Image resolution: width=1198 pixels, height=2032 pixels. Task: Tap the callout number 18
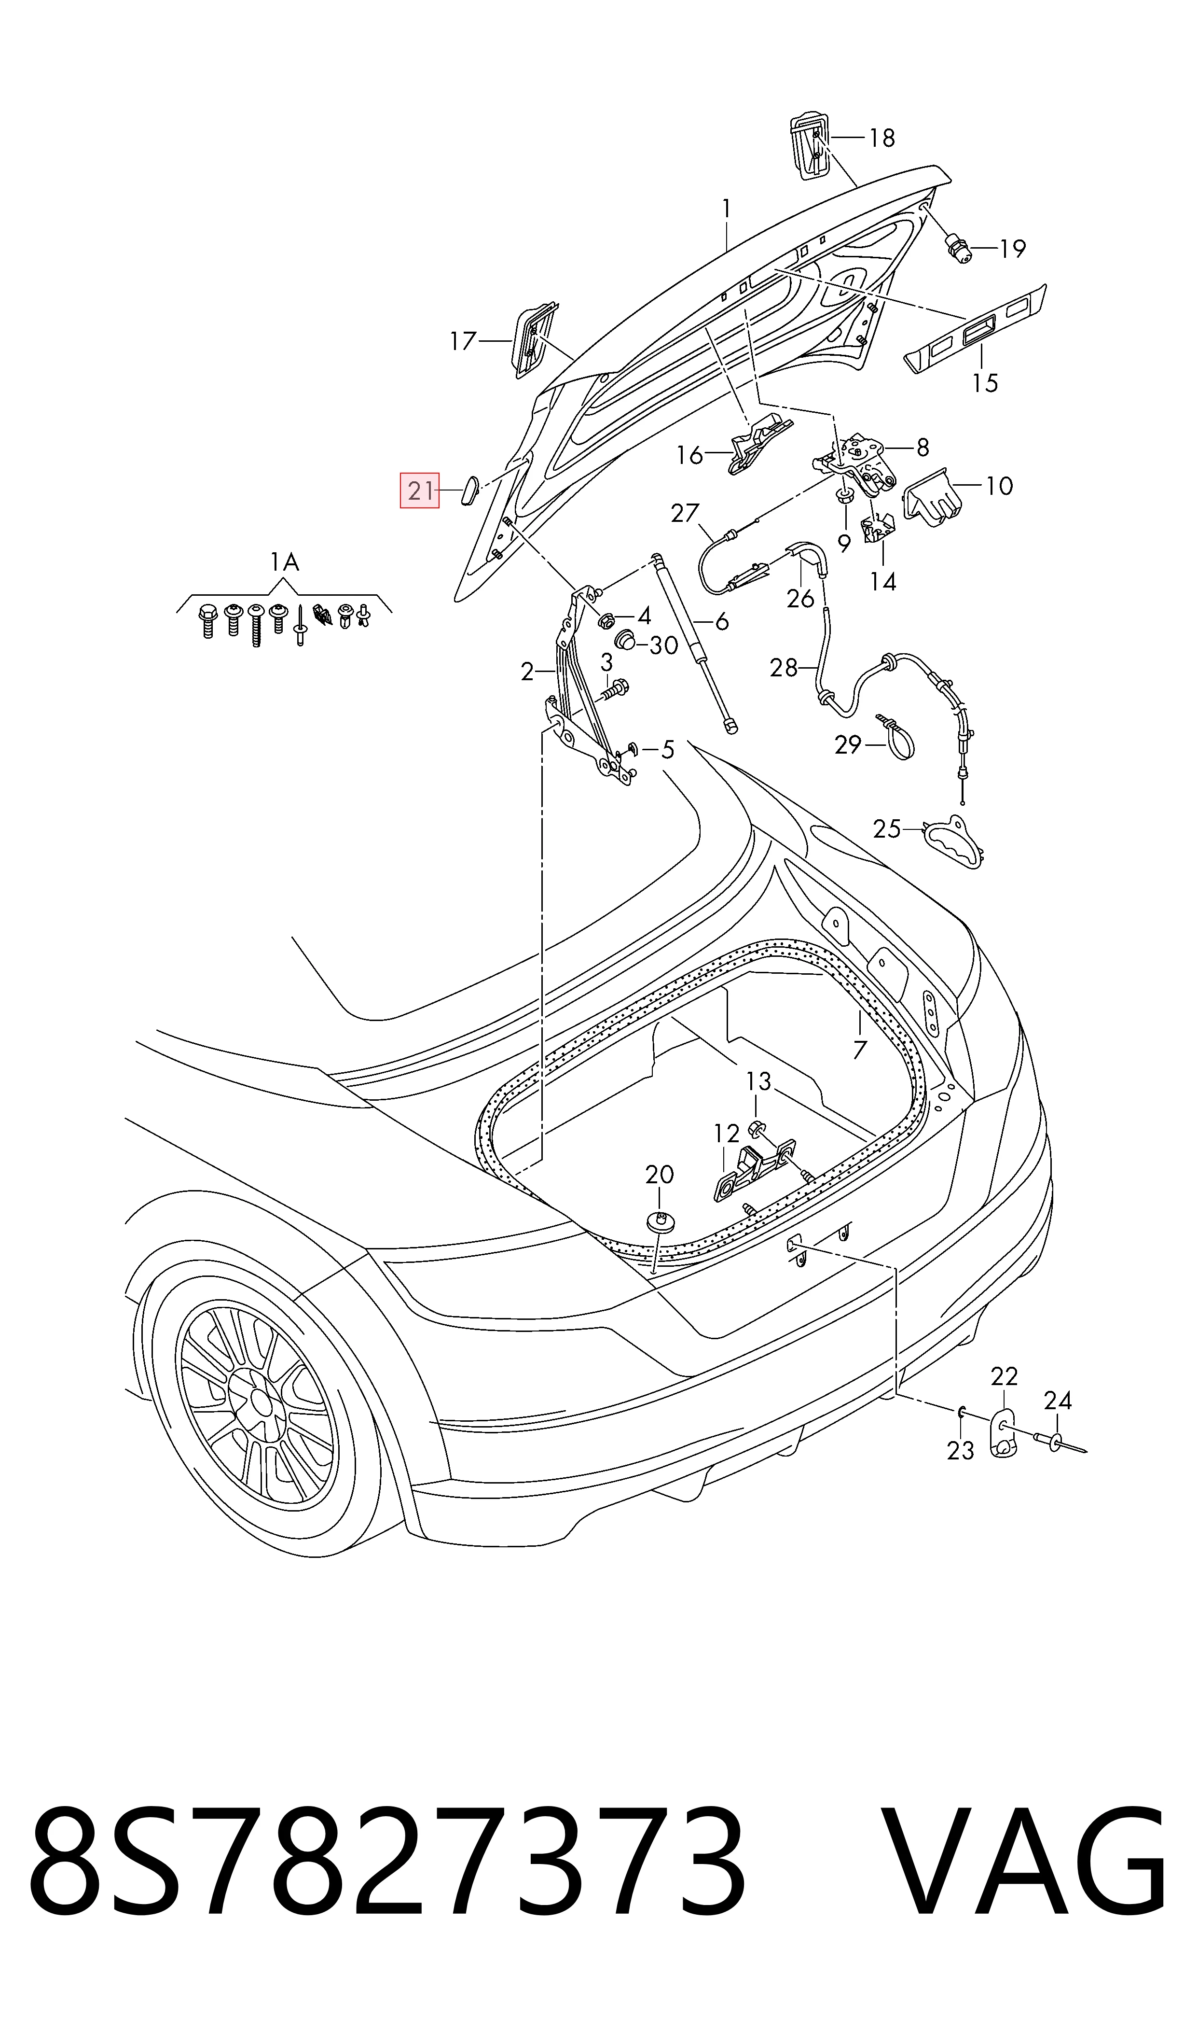click(882, 138)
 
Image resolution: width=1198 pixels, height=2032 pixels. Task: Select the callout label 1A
click(284, 561)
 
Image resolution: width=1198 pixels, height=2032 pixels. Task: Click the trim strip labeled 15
click(975, 328)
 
